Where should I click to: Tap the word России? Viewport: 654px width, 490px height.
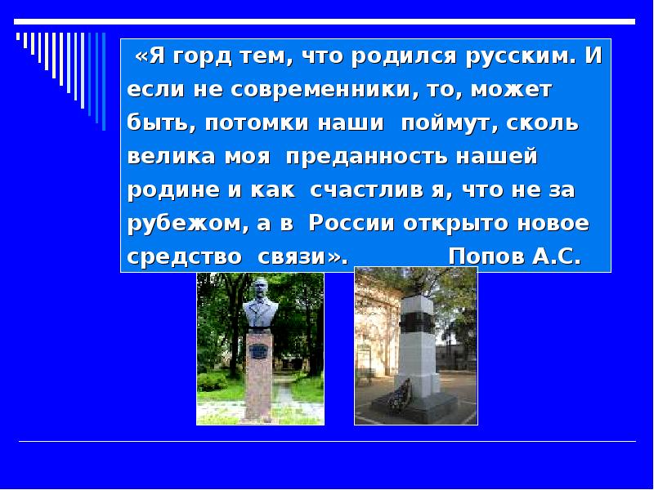pyautogui.click(x=352, y=223)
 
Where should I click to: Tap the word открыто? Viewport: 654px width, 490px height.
pyautogui.click(x=456, y=225)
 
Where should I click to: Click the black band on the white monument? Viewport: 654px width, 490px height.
pyautogui.click(x=417, y=322)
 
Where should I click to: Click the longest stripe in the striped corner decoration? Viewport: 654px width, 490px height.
pyautogui.click(x=104, y=81)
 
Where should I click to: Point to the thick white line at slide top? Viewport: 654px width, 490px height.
pyautogui.click(x=325, y=22)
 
